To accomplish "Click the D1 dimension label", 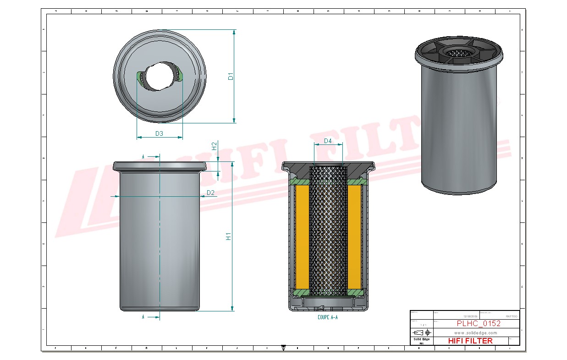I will (x=231, y=76).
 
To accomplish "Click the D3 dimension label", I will (x=160, y=133).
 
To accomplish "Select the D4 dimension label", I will (x=328, y=141).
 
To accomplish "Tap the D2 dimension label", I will (x=210, y=193).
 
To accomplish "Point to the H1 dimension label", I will (x=228, y=237).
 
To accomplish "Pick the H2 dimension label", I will (x=214, y=146).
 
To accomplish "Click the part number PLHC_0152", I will (x=479, y=324).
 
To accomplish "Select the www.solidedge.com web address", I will (x=476, y=332).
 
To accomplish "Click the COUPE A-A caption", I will (x=327, y=317).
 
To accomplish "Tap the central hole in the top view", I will (x=159, y=76).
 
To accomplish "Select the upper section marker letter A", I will (x=143, y=157).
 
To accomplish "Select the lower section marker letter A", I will (x=143, y=317).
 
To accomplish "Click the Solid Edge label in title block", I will (x=421, y=339).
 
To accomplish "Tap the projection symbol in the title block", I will (x=421, y=332).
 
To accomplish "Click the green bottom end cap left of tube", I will (x=300, y=292).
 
